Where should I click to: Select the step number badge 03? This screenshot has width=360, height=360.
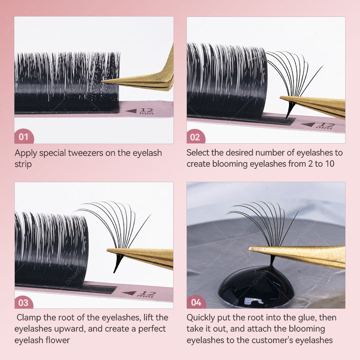24,302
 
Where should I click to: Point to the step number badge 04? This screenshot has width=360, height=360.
196,302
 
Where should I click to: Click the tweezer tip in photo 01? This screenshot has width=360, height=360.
102,81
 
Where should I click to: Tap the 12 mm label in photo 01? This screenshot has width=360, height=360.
146,111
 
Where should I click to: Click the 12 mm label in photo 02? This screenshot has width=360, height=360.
325,126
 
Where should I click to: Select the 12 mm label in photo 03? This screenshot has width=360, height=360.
146,294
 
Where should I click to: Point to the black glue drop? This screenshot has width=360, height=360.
256,286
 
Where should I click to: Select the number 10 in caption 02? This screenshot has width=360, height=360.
329,164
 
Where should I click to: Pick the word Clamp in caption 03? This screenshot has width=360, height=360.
29,318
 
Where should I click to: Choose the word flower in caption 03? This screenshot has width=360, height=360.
59,340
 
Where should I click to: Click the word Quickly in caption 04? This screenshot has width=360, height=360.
201,318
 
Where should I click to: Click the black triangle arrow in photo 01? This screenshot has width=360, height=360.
131,111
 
